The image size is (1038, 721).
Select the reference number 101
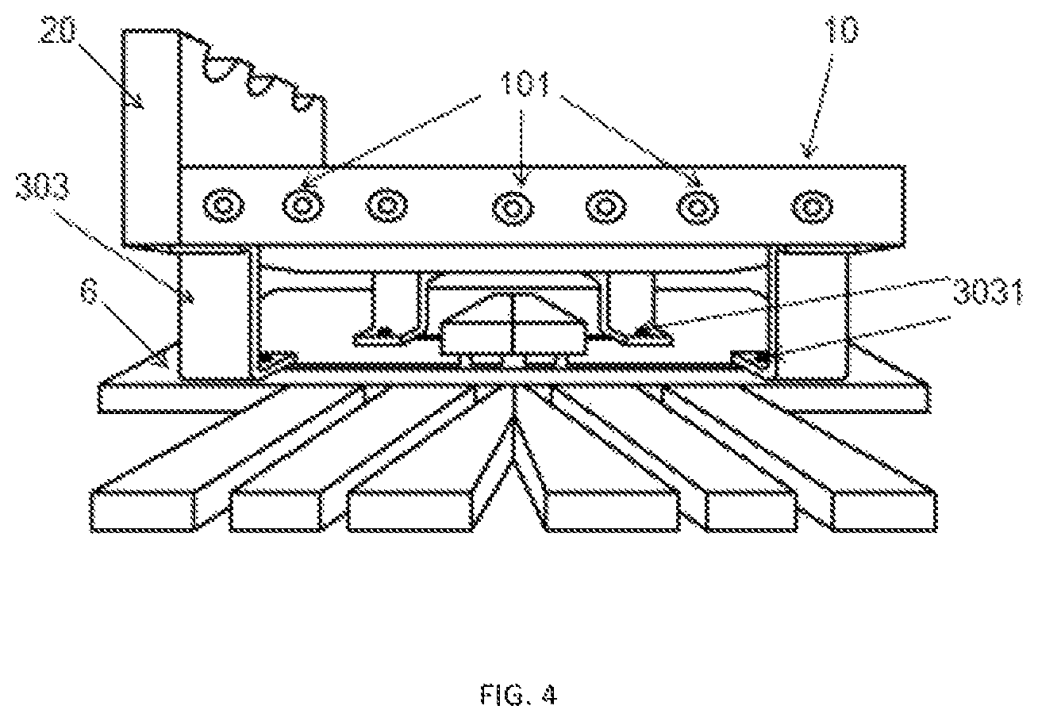(x=525, y=85)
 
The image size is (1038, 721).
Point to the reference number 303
(x=43, y=186)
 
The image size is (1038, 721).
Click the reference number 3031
(x=987, y=293)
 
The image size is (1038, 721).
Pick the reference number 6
(x=90, y=290)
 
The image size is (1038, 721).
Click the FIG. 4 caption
(x=518, y=695)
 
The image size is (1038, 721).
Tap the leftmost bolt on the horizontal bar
(x=225, y=205)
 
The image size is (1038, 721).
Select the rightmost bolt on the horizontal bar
(x=812, y=207)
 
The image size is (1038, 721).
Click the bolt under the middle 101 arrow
(x=513, y=208)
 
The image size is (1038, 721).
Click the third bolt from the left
(x=386, y=206)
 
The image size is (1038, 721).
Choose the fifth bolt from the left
(x=605, y=207)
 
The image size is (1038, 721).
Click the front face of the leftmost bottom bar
(x=143, y=512)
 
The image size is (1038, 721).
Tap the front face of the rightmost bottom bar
(x=885, y=512)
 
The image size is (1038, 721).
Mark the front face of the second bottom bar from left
(x=275, y=512)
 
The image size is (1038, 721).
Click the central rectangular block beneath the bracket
(x=512, y=339)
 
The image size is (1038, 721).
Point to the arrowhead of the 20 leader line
(x=139, y=104)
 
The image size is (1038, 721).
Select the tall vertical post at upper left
(x=151, y=137)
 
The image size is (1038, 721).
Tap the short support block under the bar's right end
(x=813, y=314)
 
